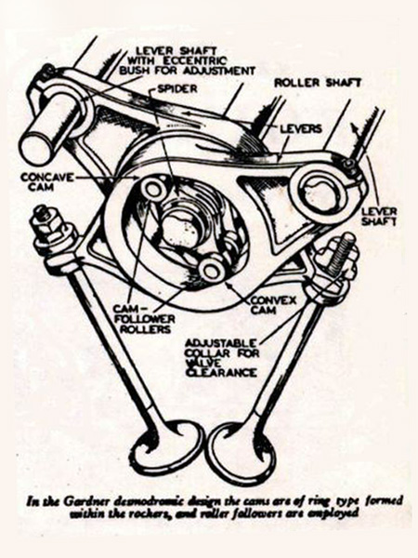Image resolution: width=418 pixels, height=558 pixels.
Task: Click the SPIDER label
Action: point(177,88)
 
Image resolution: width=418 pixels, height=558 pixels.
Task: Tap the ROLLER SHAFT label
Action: point(318,83)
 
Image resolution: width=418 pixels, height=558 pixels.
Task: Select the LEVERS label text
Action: point(301,128)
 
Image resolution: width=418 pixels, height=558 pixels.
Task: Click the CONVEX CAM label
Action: point(273,305)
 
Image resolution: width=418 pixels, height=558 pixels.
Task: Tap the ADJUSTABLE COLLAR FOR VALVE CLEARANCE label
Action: point(223,358)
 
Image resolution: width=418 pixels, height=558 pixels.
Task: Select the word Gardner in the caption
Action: point(82,502)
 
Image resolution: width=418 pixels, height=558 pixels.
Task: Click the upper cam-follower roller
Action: point(153,189)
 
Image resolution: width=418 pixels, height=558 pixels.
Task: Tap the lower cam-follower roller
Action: point(211,271)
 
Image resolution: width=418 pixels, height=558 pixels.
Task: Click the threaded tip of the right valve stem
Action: point(343,250)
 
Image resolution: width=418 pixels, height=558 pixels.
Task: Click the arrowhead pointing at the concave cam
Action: point(137,177)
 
